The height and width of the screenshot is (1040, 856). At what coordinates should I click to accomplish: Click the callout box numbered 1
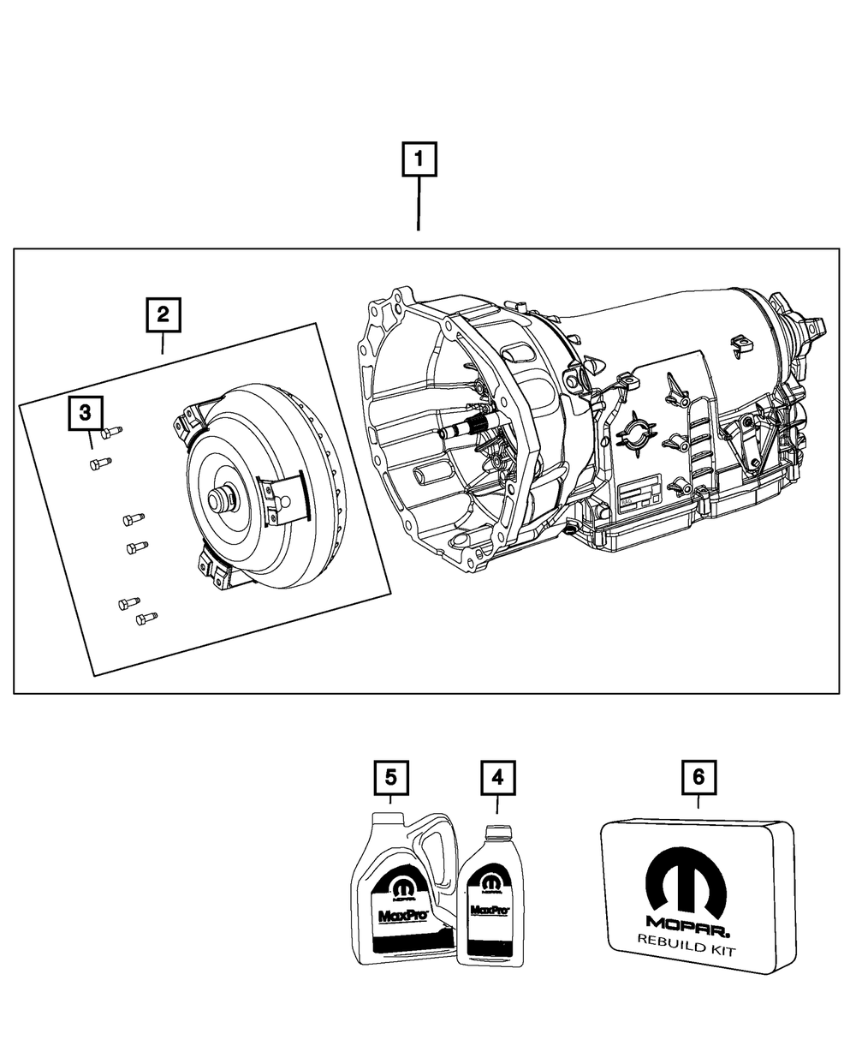419,161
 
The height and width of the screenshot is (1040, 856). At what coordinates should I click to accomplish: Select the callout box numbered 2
163,314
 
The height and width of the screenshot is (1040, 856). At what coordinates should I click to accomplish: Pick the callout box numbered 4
497,778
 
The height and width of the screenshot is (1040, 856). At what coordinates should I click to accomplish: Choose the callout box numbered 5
390,778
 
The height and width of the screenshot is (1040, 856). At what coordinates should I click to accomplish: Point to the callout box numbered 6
698,778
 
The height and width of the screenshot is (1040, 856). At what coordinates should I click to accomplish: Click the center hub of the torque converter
225,499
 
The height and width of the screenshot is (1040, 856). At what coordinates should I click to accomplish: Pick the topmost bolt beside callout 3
111,433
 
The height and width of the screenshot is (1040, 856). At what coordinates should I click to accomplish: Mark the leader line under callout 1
418,206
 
